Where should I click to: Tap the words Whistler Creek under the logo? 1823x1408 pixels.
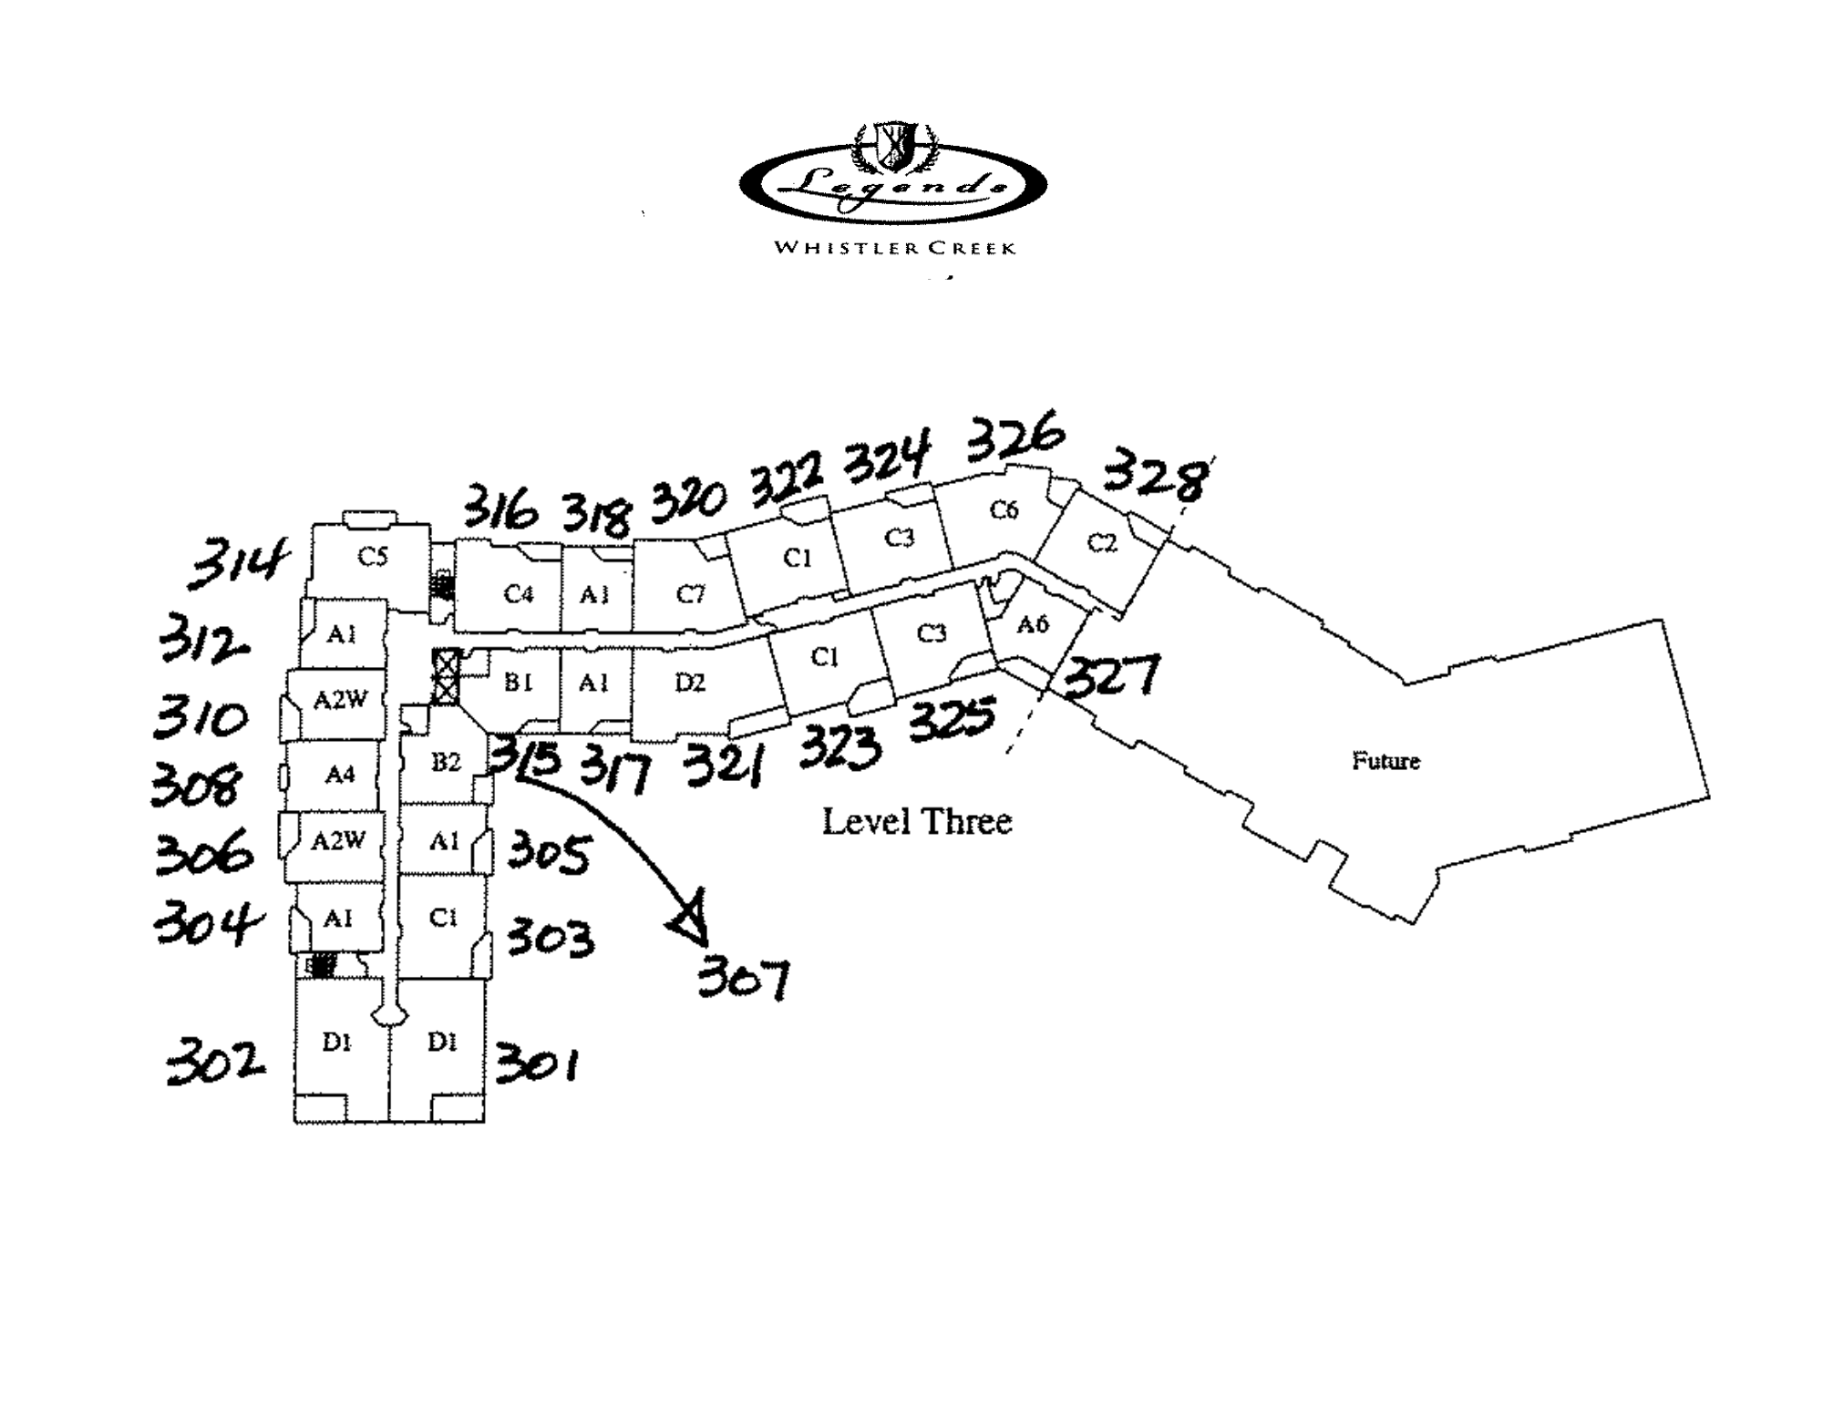tap(894, 248)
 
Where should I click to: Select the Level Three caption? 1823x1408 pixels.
tap(917, 822)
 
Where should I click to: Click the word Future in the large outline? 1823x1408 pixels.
tap(1385, 761)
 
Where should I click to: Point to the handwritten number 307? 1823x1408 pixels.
tap(743, 981)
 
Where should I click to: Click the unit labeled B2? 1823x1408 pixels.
tap(446, 762)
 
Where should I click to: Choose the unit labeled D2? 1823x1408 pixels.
tap(690, 683)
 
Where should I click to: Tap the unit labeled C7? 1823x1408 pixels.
tap(690, 595)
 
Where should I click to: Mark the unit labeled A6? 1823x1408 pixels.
tap(1032, 625)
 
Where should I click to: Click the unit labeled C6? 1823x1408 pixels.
tap(1003, 510)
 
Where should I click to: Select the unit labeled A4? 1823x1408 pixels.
tap(339, 775)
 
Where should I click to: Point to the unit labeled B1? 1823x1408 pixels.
tap(518, 683)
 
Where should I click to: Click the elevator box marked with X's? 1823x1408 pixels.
tap(446, 675)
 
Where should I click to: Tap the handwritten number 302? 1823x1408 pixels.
tap(215, 1063)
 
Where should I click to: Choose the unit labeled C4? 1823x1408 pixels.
tap(518, 595)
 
